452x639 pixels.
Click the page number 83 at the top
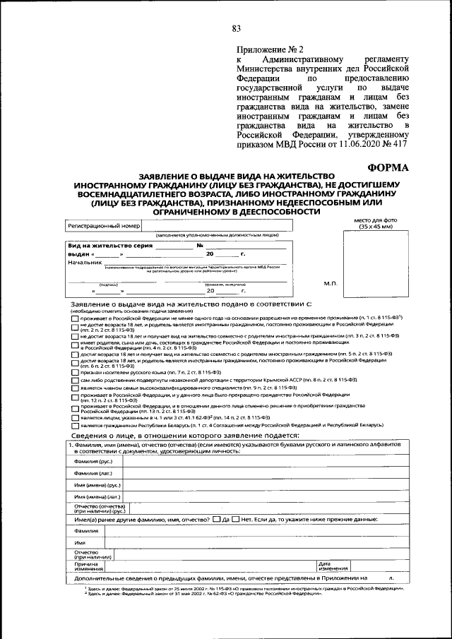pos(236,28)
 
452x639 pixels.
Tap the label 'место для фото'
pos(375,221)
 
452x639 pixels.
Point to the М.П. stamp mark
pos(331,283)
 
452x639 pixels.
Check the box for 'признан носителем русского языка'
pos(75,371)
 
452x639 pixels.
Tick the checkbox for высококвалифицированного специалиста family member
pos(75,388)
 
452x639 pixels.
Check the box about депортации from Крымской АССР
pos(75,380)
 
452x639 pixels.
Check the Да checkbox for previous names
pos(216,520)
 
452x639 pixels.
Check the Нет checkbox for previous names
pos(236,520)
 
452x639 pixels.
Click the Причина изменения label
pos(87,566)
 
